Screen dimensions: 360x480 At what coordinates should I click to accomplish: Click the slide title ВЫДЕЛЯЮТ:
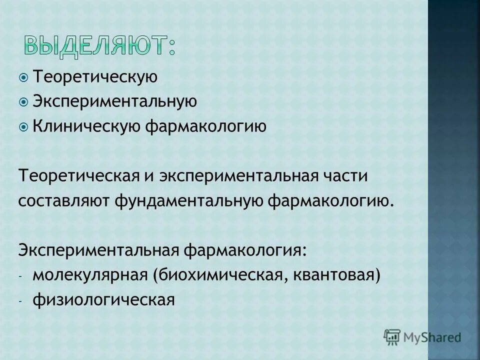(100, 45)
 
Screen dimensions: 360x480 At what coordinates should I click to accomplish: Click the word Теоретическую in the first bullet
(95, 77)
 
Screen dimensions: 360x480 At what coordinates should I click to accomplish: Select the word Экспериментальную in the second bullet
(114, 101)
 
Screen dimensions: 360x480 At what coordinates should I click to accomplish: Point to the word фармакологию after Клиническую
(205, 126)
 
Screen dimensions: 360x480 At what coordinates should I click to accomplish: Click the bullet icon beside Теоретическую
(24, 77)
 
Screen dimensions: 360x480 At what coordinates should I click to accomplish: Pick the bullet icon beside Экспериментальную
(24, 101)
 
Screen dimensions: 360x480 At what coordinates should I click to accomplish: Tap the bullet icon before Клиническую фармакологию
(24, 126)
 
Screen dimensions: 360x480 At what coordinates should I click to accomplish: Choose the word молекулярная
(89, 274)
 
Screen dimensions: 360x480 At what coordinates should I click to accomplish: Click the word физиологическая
(104, 299)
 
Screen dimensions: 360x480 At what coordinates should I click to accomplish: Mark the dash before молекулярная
(21, 276)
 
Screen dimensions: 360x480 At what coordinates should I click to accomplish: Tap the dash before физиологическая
(21, 301)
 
